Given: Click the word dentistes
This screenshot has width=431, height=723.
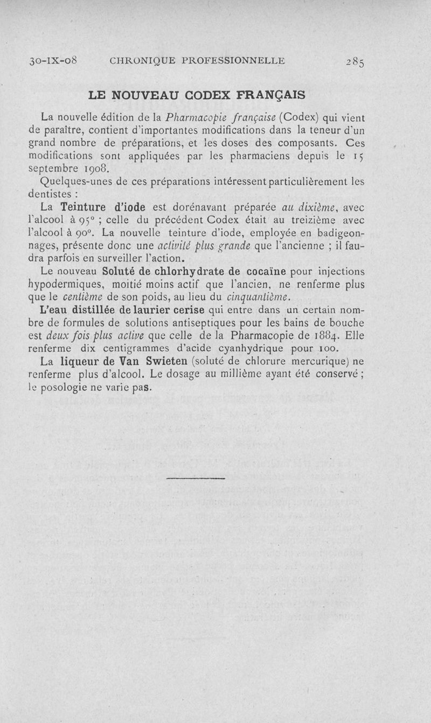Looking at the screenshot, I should (50, 193).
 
